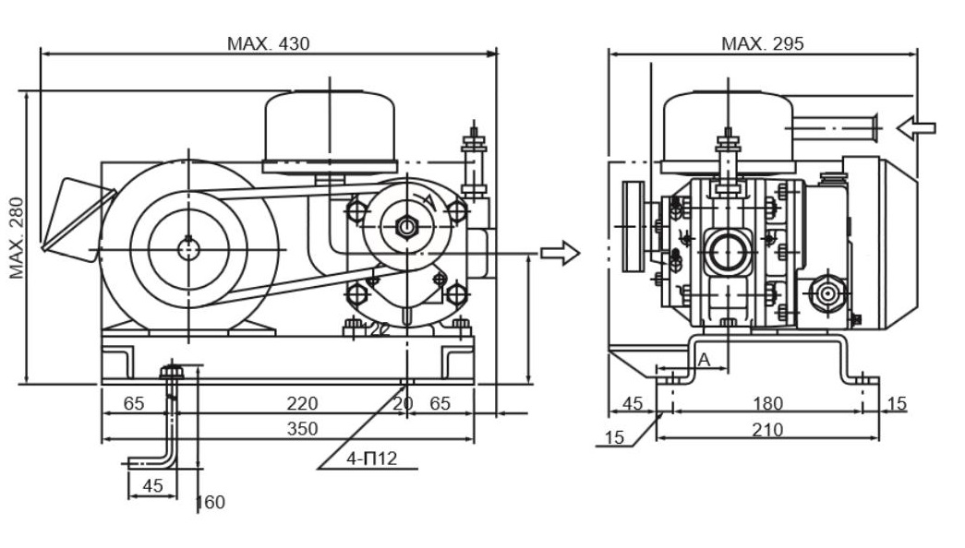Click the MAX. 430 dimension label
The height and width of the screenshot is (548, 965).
pyautogui.click(x=268, y=43)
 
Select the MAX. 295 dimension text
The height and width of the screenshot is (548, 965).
pyautogui.click(x=762, y=43)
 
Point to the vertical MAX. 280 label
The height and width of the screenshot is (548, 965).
pyautogui.click(x=17, y=238)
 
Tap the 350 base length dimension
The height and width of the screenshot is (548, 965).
pyautogui.click(x=302, y=429)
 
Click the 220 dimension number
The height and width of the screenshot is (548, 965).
pyautogui.click(x=302, y=403)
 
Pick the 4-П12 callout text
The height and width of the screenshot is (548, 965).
pyautogui.click(x=372, y=459)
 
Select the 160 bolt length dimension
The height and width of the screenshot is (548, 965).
pyautogui.click(x=211, y=503)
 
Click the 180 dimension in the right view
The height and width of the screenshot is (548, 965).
pyautogui.click(x=767, y=403)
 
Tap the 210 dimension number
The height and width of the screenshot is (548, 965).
pyautogui.click(x=767, y=429)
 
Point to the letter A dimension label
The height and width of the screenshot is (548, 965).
pyautogui.click(x=705, y=360)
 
